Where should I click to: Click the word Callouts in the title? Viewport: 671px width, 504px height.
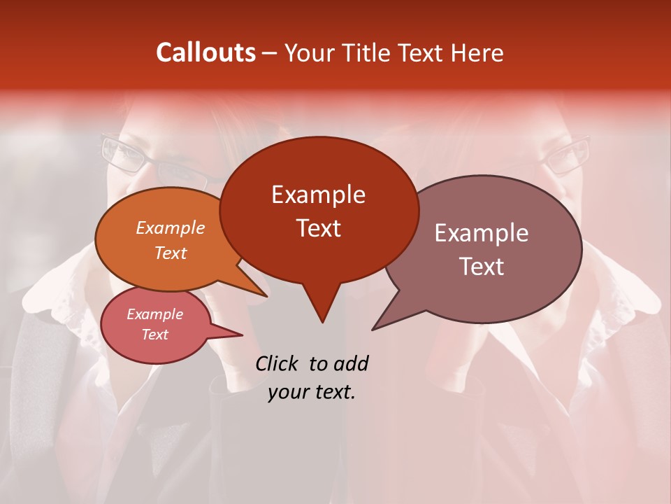205,52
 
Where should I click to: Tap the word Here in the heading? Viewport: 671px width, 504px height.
477,52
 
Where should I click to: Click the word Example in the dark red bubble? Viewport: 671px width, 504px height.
318,195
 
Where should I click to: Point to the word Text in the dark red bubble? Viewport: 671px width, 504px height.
319,228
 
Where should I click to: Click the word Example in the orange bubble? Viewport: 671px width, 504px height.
171,227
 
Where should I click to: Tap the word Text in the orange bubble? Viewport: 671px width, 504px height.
171,253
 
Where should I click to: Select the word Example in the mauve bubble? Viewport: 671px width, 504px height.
482,233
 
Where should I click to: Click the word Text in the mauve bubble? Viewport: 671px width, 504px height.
482,266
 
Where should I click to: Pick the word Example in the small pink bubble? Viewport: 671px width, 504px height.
155,314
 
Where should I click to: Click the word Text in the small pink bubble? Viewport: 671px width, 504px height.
155,335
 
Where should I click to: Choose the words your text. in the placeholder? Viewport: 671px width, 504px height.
312,392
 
